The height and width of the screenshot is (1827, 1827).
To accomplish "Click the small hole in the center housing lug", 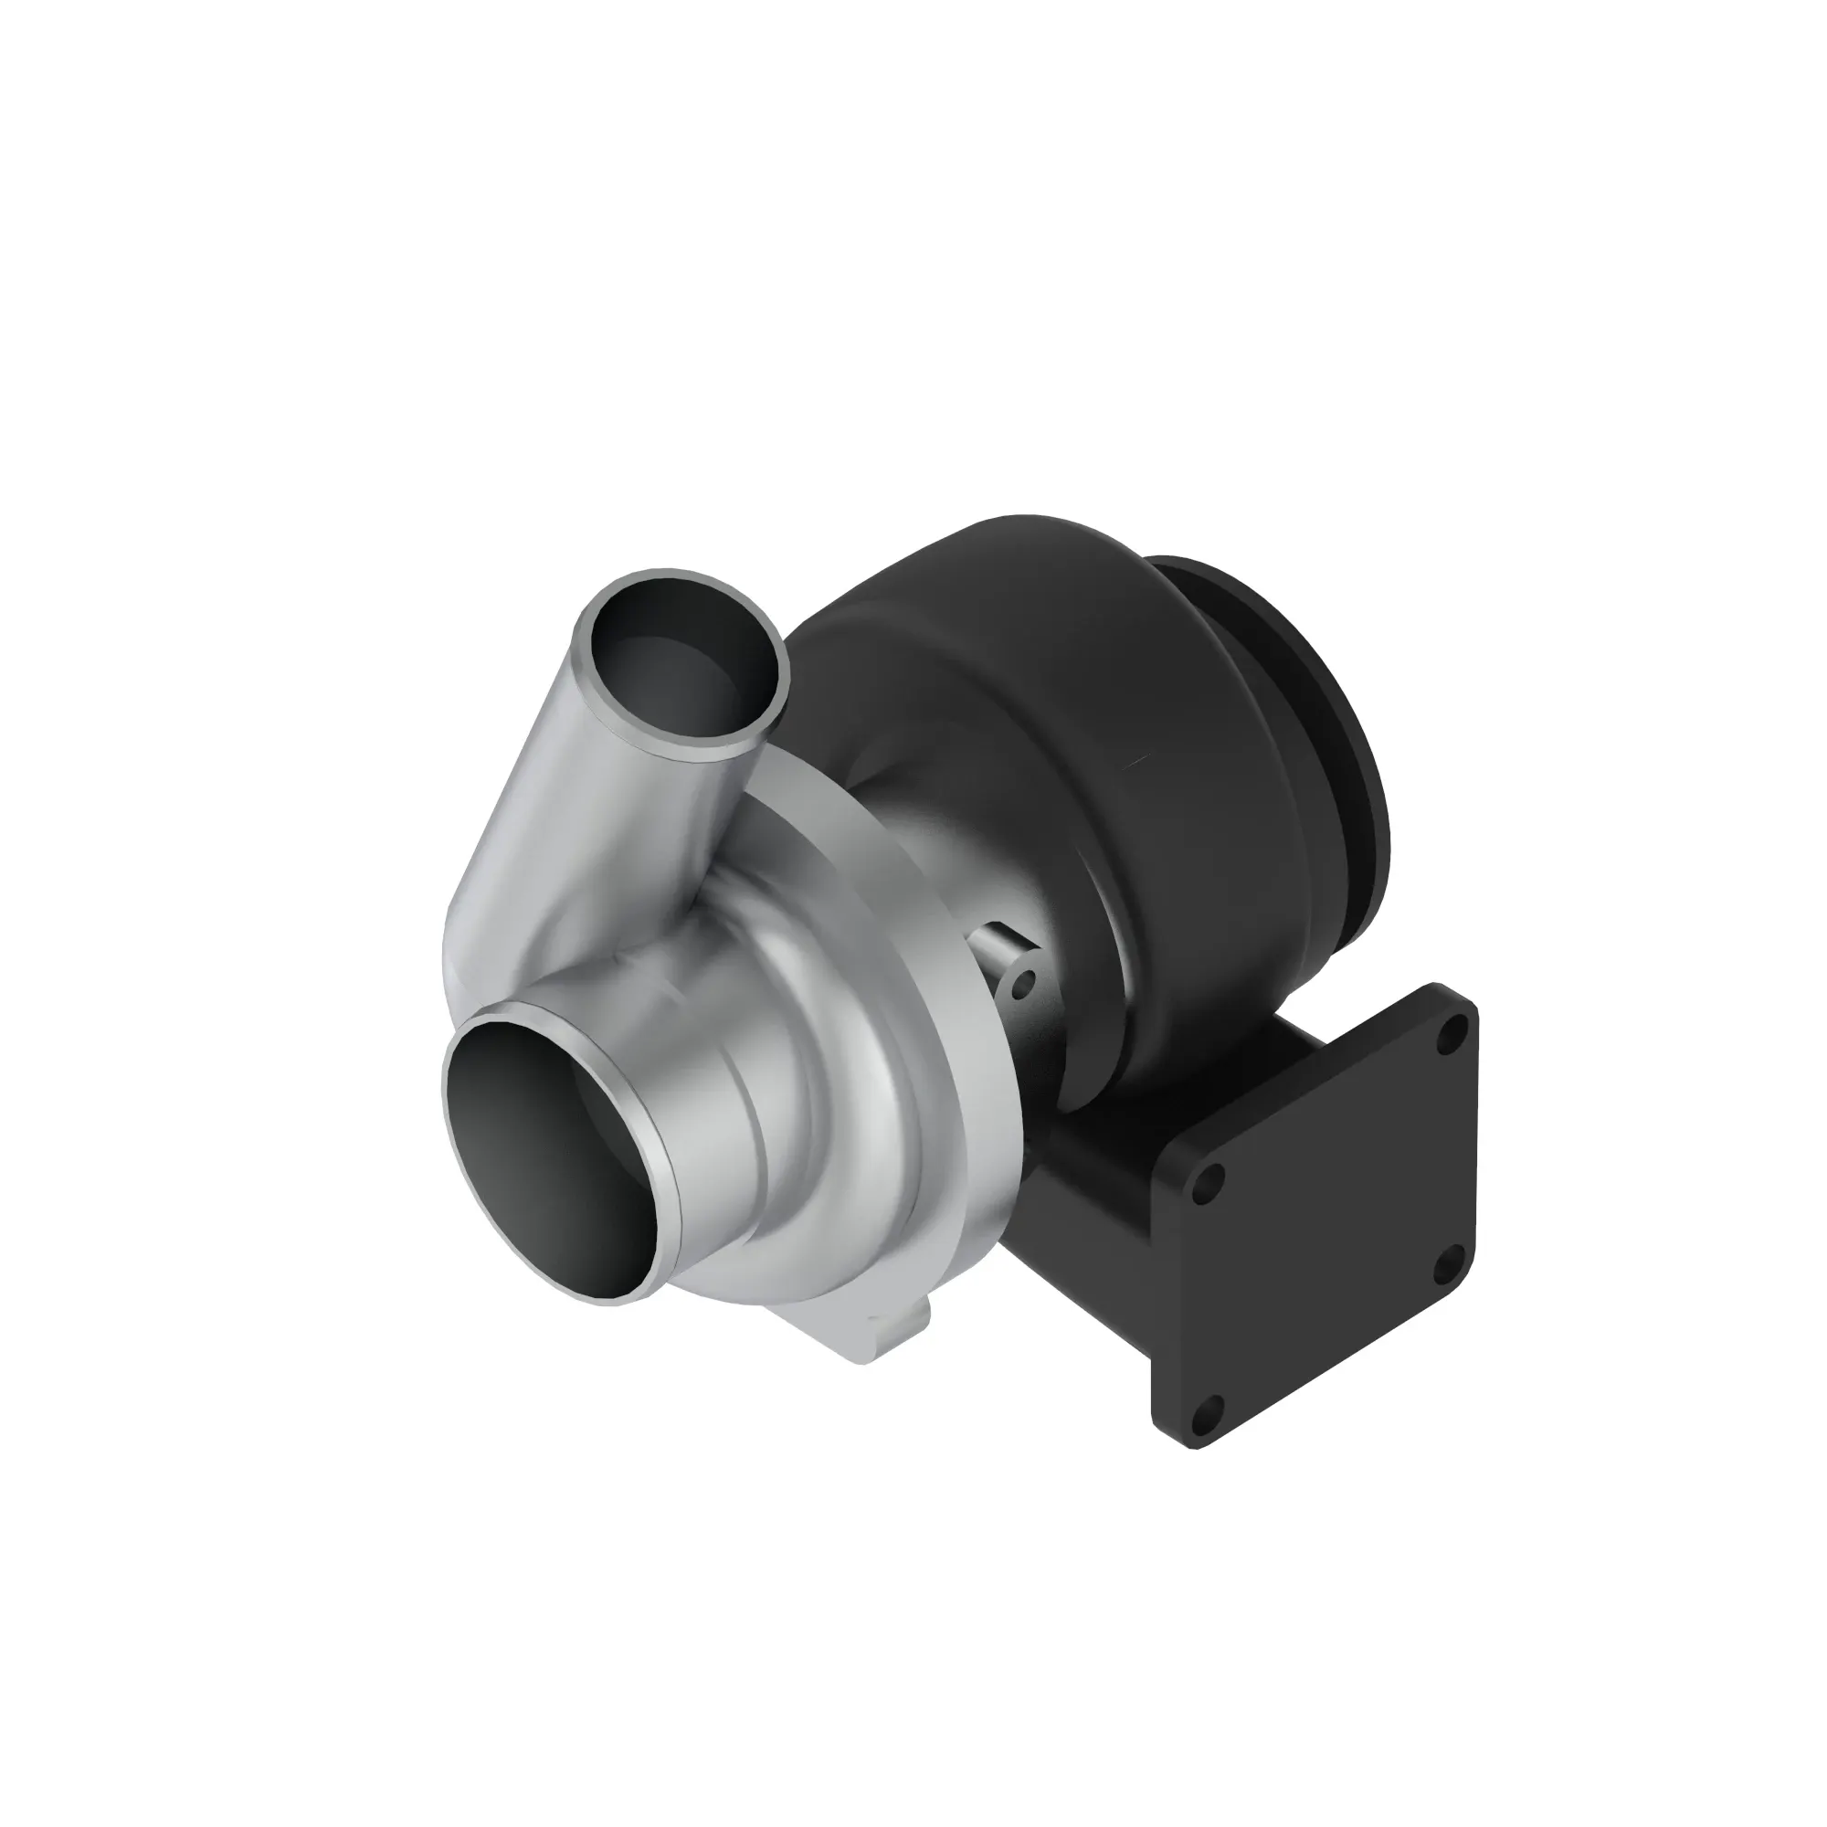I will [1019, 989].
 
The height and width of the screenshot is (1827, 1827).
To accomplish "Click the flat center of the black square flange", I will [1324, 1230].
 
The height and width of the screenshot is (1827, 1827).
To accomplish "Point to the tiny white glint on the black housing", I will [1137, 762].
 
